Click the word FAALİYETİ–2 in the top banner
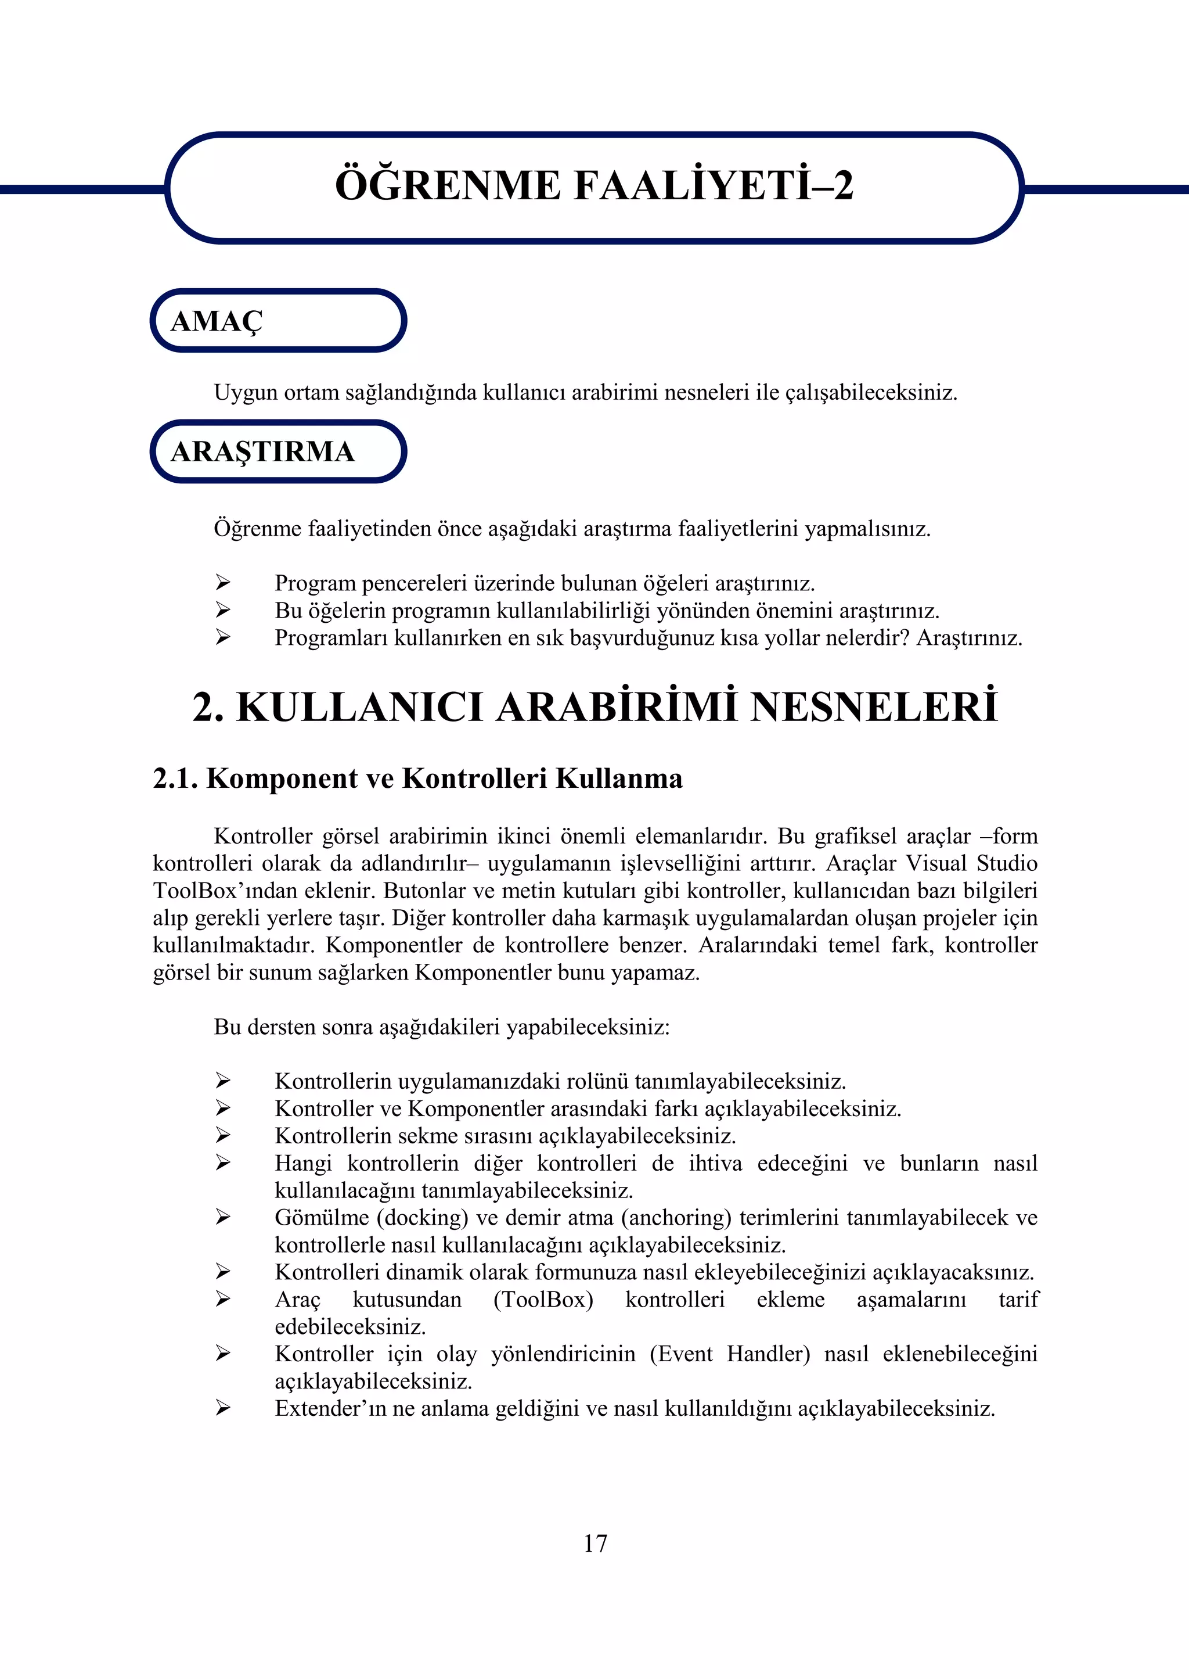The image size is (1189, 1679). coord(714,185)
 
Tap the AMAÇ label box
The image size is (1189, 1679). coord(278,321)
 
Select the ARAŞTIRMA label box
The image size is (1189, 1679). coord(278,451)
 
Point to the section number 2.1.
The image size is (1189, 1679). coord(175,778)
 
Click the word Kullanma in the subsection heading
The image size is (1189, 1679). coord(619,778)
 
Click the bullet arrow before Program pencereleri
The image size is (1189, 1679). coord(222,583)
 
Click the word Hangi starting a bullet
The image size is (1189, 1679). coord(303,1163)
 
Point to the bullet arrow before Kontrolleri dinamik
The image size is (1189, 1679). coord(222,1272)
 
